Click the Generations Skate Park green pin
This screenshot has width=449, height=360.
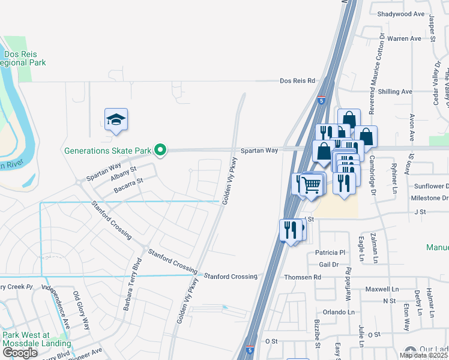click(160, 150)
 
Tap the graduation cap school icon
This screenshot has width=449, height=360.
click(116, 120)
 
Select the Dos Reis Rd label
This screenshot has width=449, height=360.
click(297, 80)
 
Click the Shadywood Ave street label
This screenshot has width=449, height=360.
click(401, 14)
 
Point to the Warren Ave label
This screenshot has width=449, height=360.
click(404, 38)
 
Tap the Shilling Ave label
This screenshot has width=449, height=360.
click(395, 91)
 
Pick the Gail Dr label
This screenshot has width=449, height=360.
click(329, 264)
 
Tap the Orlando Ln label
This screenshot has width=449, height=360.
click(337, 312)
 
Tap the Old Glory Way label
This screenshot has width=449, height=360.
click(82, 310)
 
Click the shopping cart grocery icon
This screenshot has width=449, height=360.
click(311, 185)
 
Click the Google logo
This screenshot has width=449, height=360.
click(20, 352)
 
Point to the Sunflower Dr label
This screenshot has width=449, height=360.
click(427, 187)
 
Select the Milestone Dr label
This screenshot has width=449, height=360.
click(429, 197)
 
